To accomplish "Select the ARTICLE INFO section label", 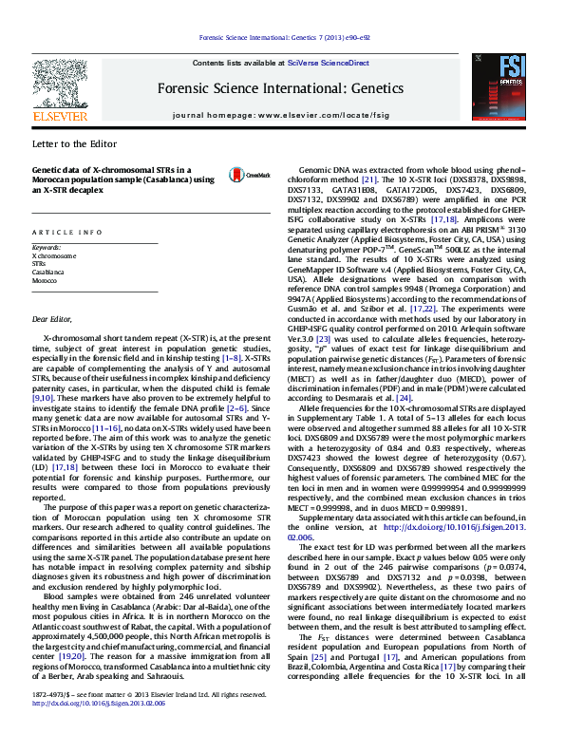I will point(66,232).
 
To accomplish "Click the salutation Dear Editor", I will point(52,319).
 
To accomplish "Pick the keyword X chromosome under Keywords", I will point(54,256).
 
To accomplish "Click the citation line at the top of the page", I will point(281,38).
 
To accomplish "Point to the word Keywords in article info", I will point(47,248).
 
